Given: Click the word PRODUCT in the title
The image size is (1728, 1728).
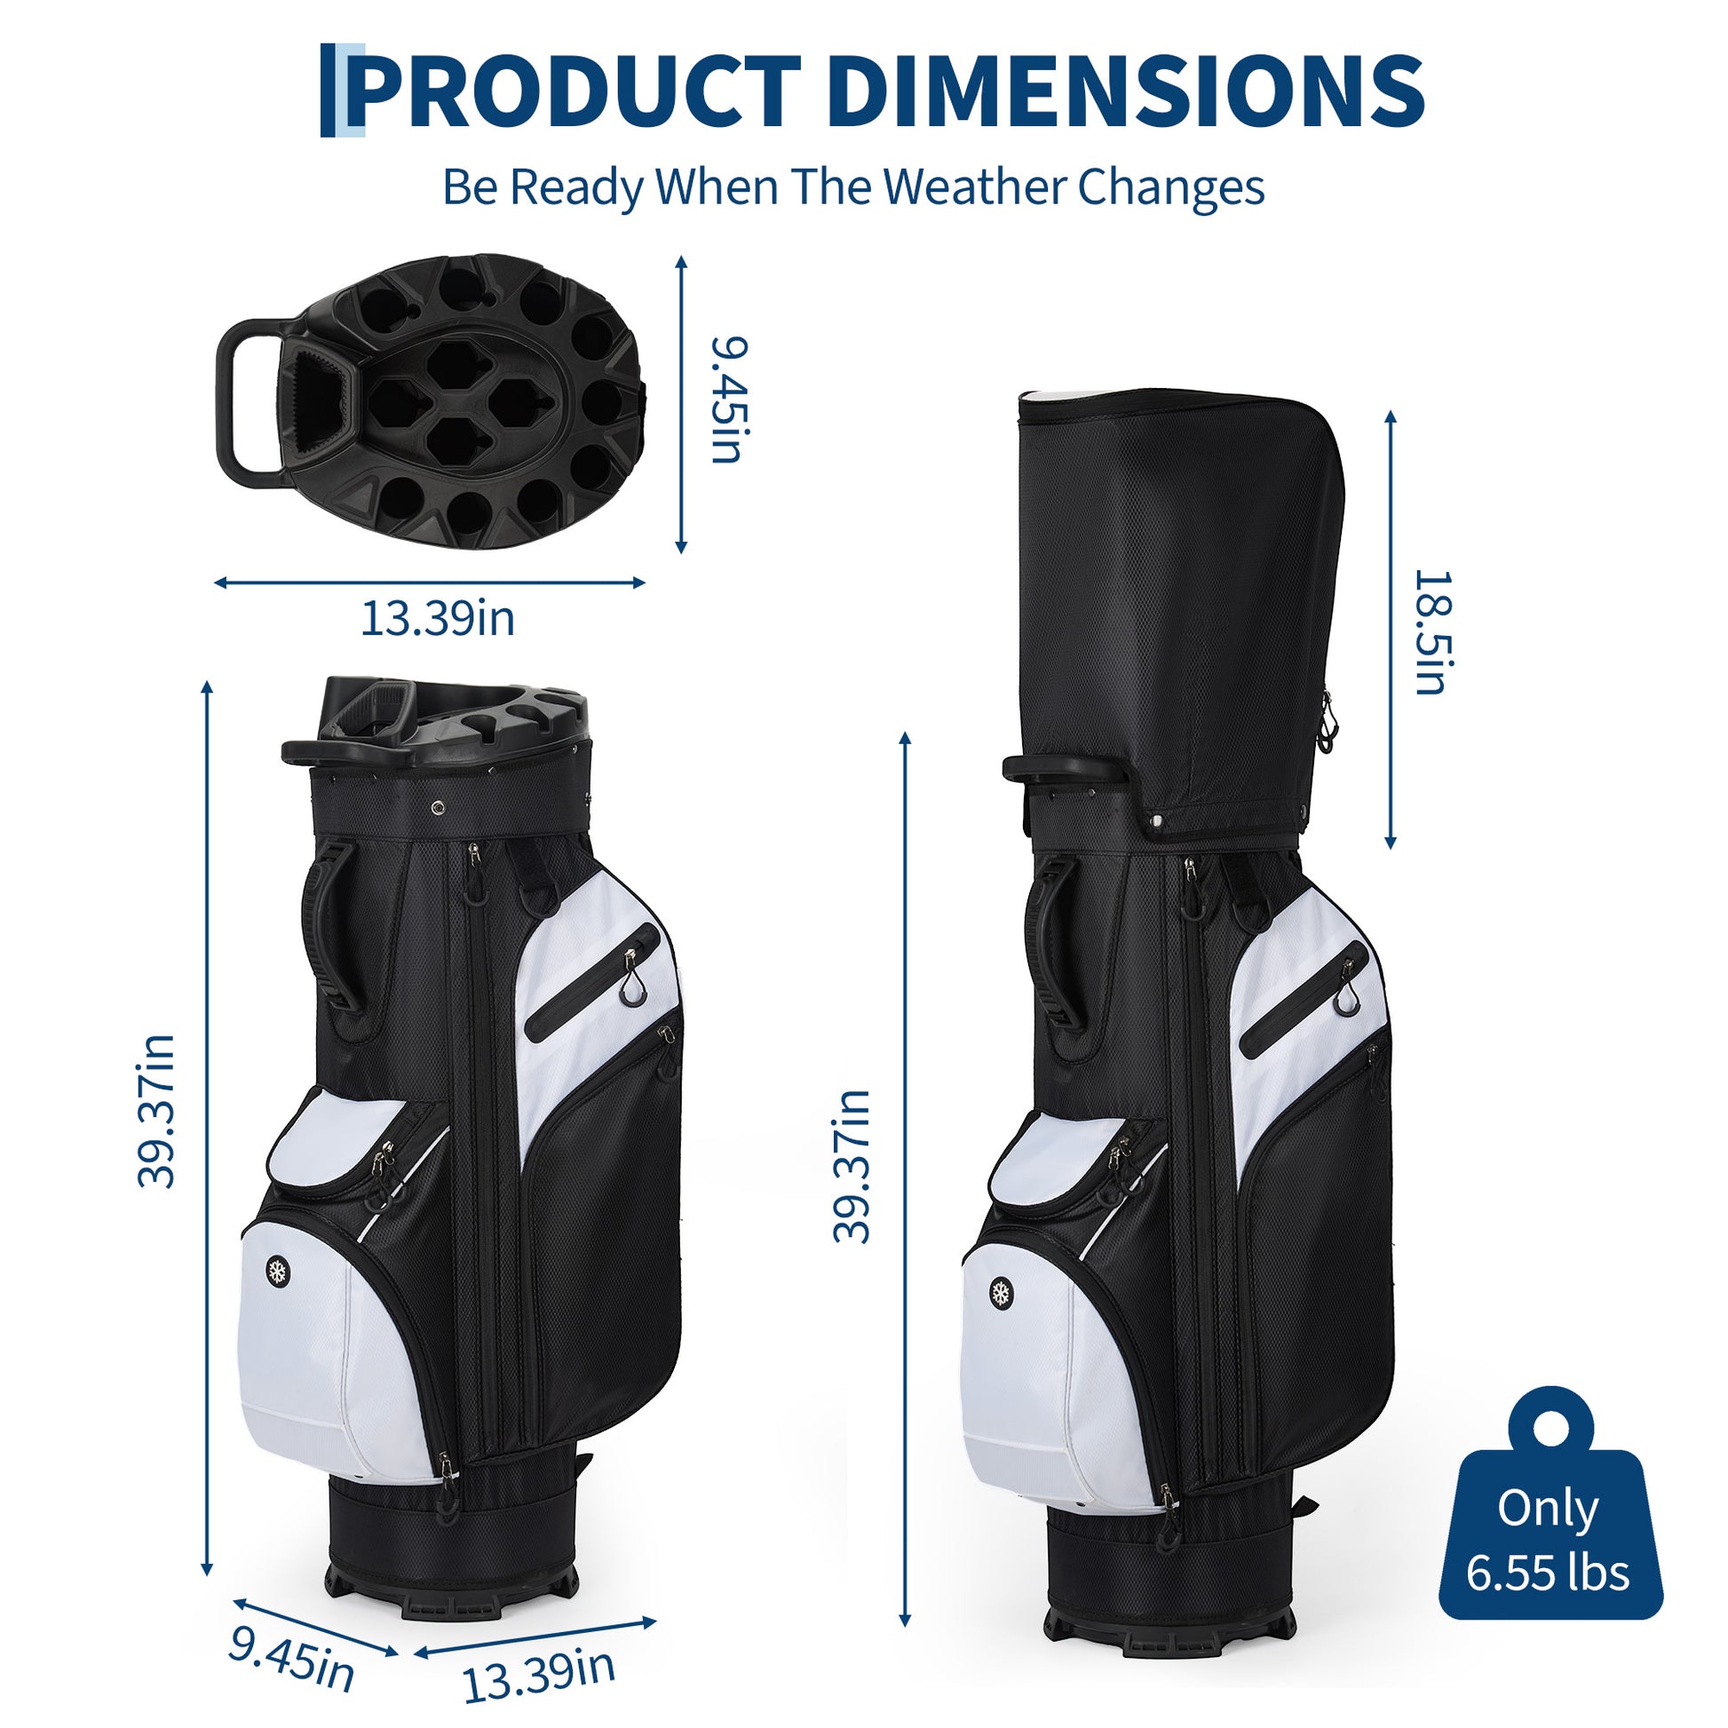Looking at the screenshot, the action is (x=573, y=91).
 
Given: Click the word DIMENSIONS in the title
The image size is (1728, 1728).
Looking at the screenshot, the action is (x=1129, y=91).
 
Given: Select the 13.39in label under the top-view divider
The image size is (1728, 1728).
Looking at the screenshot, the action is (x=438, y=619).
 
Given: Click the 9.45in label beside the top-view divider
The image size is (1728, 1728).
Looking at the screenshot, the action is (x=727, y=400).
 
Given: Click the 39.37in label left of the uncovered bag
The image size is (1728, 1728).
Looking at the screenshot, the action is (x=156, y=1111).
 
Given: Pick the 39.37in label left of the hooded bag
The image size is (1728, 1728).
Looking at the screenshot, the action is (x=851, y=1166).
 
